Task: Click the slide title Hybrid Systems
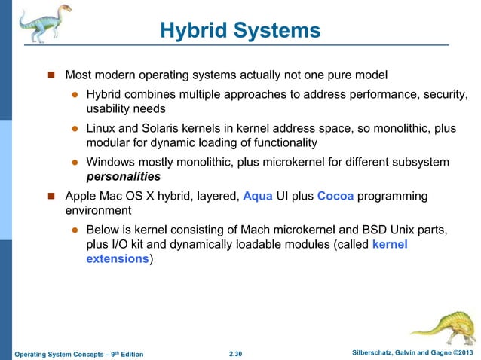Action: pyautogui.click(x=240, y=31)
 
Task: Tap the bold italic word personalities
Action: pyautogui.click(x=124, y=177)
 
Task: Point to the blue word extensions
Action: pyautogui.click(x=118, y=259)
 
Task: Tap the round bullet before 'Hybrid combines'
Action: pyautogui.click(x=75, y=95)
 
